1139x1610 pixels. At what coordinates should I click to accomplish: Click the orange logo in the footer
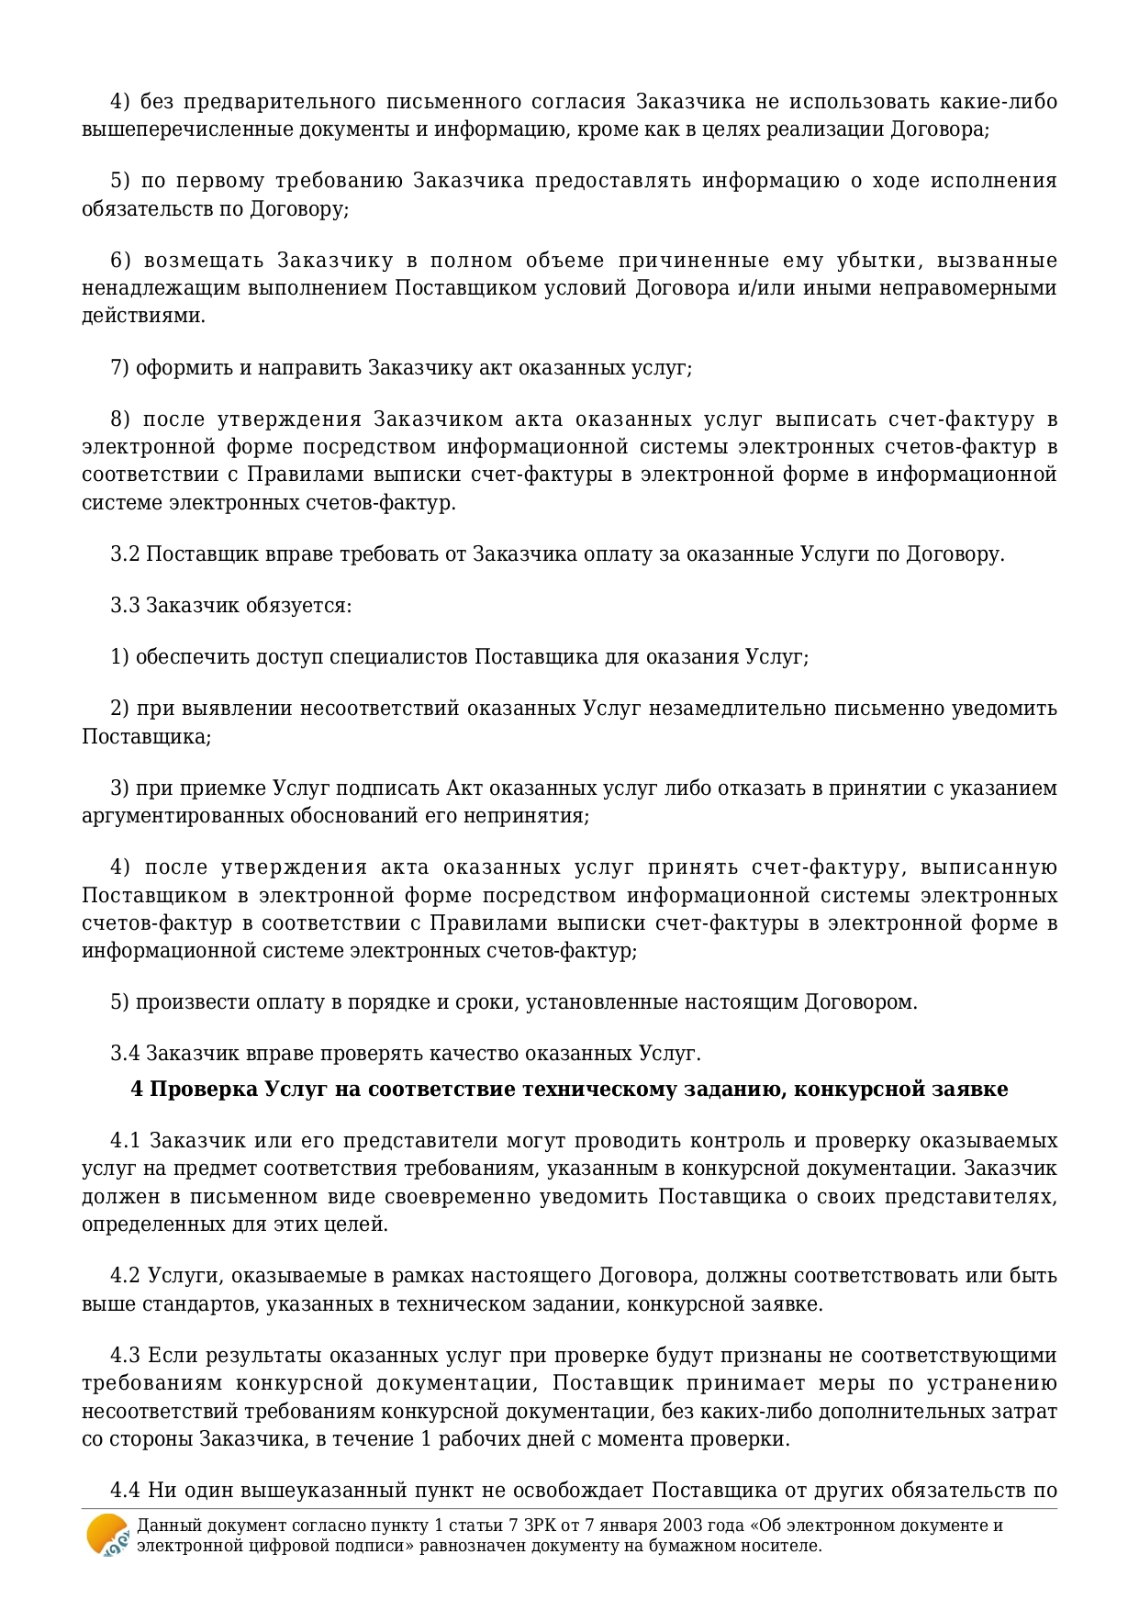point(106,1535)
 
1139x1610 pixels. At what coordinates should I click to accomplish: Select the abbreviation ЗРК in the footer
point(541,1526)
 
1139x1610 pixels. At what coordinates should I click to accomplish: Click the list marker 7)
point(119,368)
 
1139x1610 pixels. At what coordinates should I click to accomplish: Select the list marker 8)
point(119,419)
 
